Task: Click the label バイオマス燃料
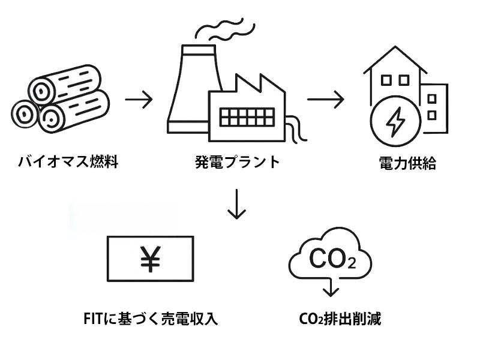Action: pos(68,162)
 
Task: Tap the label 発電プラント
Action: pos(238,162)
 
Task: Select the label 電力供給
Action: pos(407,163)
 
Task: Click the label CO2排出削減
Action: pos(340,318)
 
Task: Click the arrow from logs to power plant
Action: pos(139,99)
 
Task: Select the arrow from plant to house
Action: pos(326,99)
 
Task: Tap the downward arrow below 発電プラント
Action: pos(238,205)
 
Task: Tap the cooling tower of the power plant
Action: pos(190,90)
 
